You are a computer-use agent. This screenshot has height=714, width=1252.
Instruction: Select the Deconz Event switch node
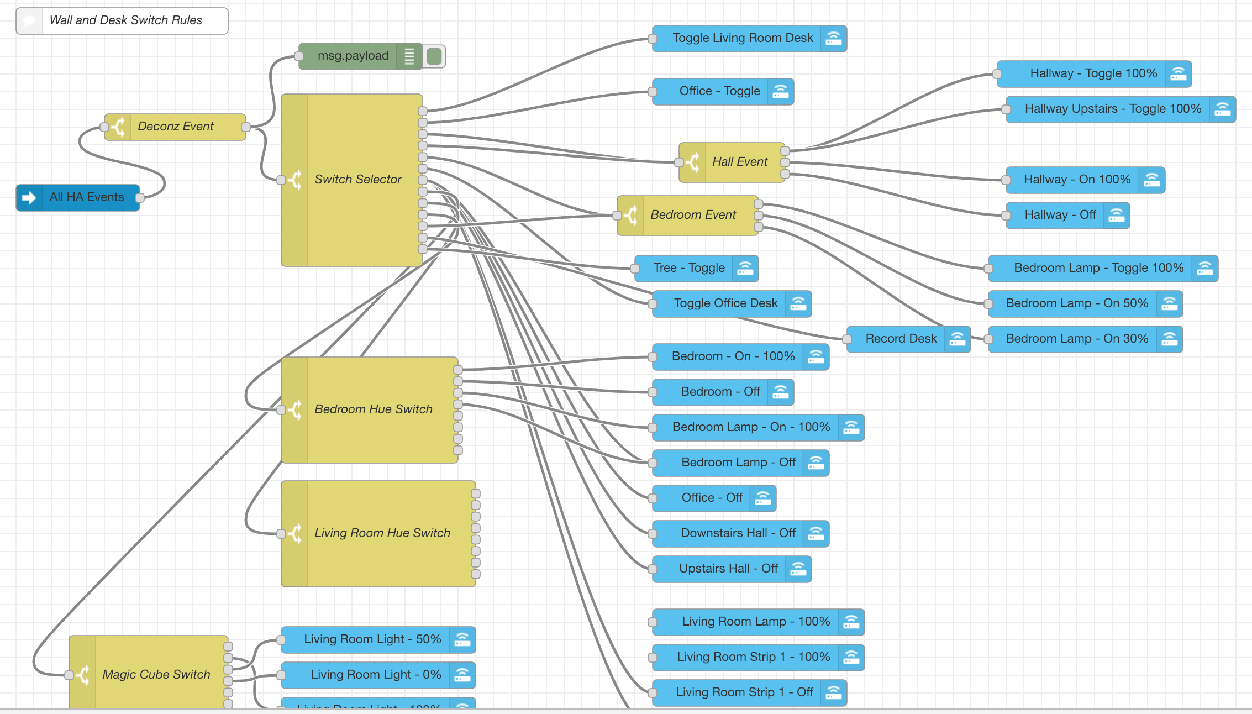click(175, 127)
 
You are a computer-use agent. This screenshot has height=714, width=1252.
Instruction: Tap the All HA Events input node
click(86, 197)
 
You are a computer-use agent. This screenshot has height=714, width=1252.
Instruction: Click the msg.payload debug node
click(353, 56)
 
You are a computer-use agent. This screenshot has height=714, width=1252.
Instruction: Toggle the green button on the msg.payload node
click(434, 56)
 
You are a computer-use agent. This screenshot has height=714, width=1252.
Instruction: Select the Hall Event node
click(739, 162)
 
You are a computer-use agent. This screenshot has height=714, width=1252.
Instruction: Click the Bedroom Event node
click(692, 215)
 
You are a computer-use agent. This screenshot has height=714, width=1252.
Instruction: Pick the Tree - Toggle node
click(688, 268)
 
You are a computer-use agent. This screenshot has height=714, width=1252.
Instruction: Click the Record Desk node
click(901, 339)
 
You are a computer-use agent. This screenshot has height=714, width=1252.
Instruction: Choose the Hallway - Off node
click(1060, 215)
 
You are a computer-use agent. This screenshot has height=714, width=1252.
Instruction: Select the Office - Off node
click(712, 498)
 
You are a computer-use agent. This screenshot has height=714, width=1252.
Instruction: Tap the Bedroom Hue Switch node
click(373, 410)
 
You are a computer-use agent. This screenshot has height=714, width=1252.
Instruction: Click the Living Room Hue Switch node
click(382, 533)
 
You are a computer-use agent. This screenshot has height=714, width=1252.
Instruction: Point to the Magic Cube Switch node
click(156, 675)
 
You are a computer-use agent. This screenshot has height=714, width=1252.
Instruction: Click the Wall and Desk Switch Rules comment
click(125, 20)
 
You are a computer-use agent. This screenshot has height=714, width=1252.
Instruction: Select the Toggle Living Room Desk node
click(742, 38)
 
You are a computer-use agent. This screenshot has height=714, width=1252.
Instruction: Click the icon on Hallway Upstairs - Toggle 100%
click(1222, 109)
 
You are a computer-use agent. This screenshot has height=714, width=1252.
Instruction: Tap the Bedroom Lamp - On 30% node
click(1076, 339)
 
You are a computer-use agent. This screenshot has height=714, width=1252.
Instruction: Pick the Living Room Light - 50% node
click(372, 639)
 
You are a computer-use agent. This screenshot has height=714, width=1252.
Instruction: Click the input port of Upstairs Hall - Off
click(653, 569)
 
